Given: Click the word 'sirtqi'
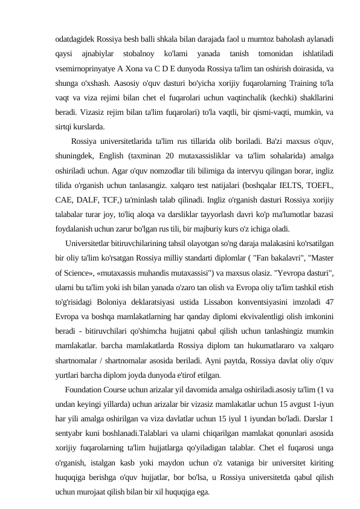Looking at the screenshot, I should pyautogui.click(x=63, y=127).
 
